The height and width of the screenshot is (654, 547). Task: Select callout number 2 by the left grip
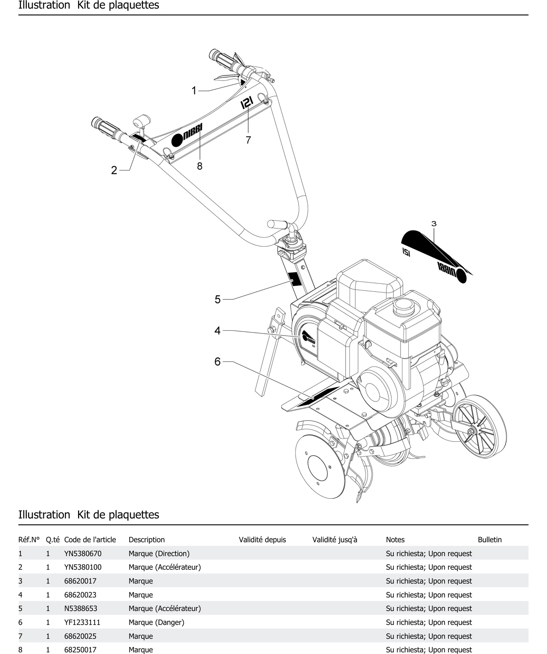click(x=114, y=170)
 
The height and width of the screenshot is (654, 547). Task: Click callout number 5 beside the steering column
click(x=218, y=299)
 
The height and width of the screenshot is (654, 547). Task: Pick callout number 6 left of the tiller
click(x=218, y=362)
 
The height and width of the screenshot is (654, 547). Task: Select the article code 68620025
click(x=80, y=636)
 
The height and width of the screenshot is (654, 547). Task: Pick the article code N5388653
click(x=81, y=608)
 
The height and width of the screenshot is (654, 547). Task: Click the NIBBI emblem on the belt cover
click(x=308, y=338)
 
